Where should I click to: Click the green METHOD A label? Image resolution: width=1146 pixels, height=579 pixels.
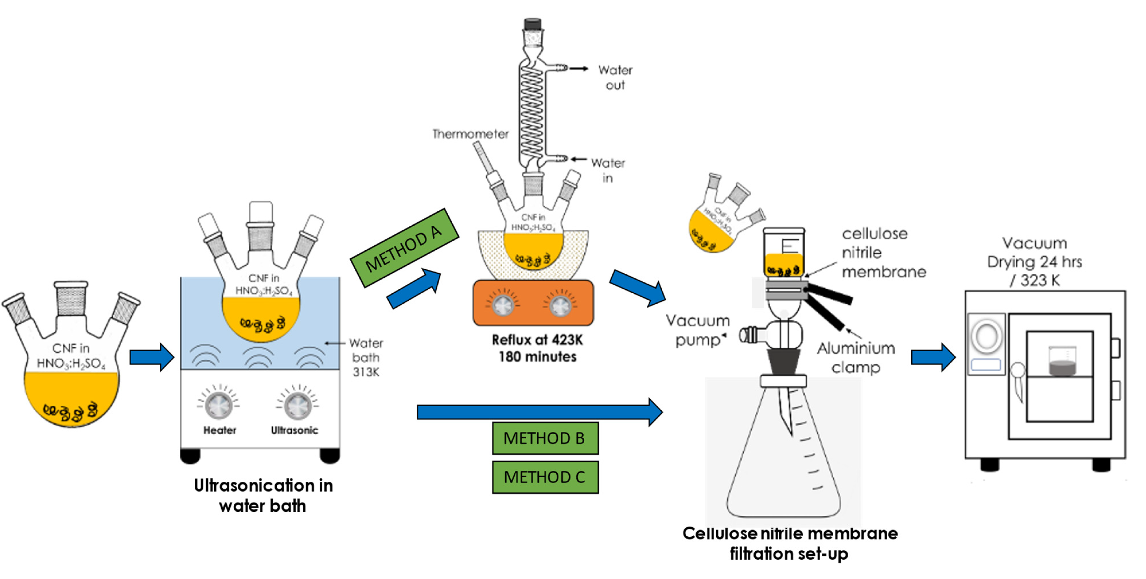click(x=404, y=248)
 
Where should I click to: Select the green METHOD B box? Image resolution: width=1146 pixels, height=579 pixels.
click(x=545, y=438)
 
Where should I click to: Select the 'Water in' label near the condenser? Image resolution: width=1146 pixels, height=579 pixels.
click(x=608, y=170)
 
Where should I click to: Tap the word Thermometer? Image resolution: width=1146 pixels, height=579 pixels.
click(x=470, y=134)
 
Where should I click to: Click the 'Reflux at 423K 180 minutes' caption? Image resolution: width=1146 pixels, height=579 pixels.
click(x=537, y=348)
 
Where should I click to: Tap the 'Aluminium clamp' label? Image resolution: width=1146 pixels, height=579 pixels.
click(x=856, y=358)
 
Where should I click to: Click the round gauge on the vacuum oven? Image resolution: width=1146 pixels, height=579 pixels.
click(x=986, y=335)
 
